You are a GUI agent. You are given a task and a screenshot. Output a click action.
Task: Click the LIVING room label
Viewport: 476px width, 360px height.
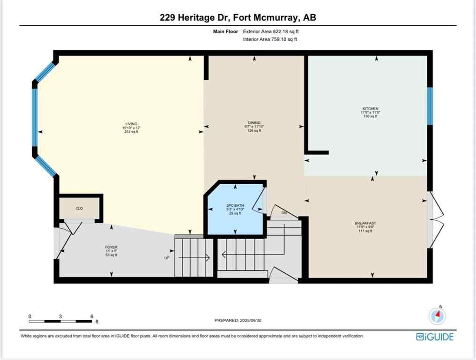[131, 124]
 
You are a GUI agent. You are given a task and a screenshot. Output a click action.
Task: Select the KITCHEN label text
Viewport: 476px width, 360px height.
[369, 109]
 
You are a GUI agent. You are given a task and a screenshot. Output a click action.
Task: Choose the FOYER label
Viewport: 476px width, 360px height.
[111, 247]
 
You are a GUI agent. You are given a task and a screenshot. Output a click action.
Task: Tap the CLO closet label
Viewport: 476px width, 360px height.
[79, 208]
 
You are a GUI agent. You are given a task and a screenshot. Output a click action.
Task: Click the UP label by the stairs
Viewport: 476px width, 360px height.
[166, 258]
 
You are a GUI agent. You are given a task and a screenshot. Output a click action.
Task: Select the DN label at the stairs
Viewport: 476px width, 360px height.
[284, 213]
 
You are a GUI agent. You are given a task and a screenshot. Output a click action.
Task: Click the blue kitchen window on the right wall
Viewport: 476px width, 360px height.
[430, 106]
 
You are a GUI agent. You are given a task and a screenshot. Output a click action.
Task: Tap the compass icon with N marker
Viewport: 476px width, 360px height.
[438, 315]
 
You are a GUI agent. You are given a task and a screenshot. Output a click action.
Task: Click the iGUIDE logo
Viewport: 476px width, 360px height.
[434, 337]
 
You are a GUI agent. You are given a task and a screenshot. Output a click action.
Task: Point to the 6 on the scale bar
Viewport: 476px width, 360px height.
[92, 316]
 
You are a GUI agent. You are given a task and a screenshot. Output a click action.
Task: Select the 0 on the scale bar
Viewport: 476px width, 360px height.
[30, 316]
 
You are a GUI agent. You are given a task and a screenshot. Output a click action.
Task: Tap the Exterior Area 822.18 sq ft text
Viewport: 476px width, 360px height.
[270, 31]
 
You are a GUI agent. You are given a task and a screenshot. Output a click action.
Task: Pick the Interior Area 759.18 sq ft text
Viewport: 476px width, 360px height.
[270, 39]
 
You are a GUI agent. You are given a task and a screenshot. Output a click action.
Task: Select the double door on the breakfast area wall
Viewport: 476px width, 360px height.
[436, 219]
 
